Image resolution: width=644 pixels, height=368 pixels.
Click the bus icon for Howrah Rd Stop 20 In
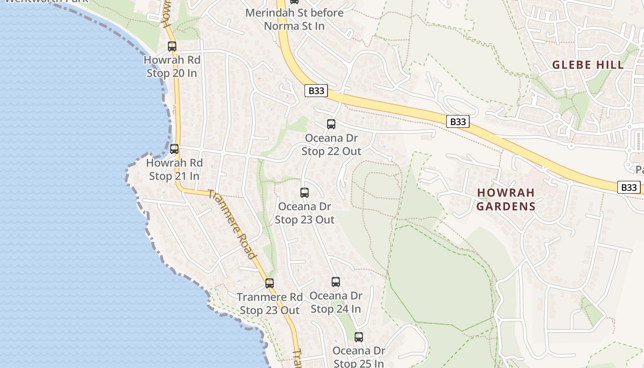[x=172, y=46]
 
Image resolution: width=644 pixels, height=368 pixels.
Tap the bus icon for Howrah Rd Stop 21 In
[x=174, y=149]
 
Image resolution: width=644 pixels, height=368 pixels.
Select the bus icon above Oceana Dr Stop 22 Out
[x=331, y=124]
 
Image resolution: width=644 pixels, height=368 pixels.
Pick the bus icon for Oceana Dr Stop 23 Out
[x=305, y=193]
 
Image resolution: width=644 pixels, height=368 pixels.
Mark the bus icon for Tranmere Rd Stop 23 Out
[x=270, y=283]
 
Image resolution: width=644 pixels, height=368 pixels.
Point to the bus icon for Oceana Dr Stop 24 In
[x=336, y=282]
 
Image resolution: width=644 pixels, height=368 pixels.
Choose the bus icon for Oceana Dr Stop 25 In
[x=359, y=337]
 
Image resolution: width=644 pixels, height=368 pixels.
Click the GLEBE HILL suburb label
[x=588, y=65]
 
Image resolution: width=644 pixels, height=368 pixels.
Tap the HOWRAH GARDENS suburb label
[x=506, y=199]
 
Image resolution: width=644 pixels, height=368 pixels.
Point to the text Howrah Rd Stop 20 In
[x=172, y=66]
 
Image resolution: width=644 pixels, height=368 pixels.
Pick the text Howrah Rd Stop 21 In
[x=174, y=169]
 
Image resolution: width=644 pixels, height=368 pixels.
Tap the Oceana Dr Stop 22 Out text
[x=331, y=144]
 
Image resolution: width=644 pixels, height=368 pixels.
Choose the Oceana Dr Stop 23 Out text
[x=305, y=213]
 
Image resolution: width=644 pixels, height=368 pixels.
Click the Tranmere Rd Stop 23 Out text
[x=270, y=304]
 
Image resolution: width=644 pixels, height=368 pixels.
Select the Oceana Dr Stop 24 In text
[x=336, y=302]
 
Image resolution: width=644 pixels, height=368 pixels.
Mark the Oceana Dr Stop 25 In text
[x=359, y=357]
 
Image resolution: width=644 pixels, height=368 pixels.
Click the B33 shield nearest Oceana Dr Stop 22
[x=316, y=91]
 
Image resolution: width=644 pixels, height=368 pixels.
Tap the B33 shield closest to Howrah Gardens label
[x=458, y=121]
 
